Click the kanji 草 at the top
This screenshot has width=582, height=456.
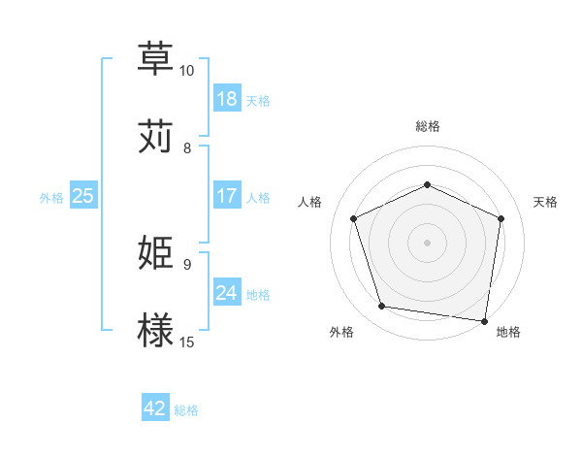(x=157, y=58)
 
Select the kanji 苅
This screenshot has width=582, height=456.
(x=157, y=136)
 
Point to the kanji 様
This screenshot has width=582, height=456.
(x=157, y=330)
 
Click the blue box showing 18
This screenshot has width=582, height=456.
(x=227, y=99)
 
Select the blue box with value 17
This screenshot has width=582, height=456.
(x=227, y=196)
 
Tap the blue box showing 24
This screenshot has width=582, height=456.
(x=227, y=293)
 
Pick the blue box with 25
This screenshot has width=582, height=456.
(x=82, y=196)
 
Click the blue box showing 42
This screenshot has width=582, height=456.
(x=155, y=408)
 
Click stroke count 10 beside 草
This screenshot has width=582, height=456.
(x=187, y=71)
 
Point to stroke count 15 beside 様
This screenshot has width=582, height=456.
(x=187, y=342)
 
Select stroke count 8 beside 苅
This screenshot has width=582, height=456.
(x=187, y=147)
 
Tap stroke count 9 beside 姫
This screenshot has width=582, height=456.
(x=187, y=264)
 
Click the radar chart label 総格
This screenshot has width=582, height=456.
(x=427, y=126)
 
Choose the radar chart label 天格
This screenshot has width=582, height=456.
(x=546, y=202)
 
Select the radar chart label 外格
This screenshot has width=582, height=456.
(x=341, y=333)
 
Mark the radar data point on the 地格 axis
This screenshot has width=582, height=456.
(x=485, y=320)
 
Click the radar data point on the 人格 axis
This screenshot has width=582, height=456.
(x=353, y=217)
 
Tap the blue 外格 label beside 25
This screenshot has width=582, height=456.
(x=51, y=198)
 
